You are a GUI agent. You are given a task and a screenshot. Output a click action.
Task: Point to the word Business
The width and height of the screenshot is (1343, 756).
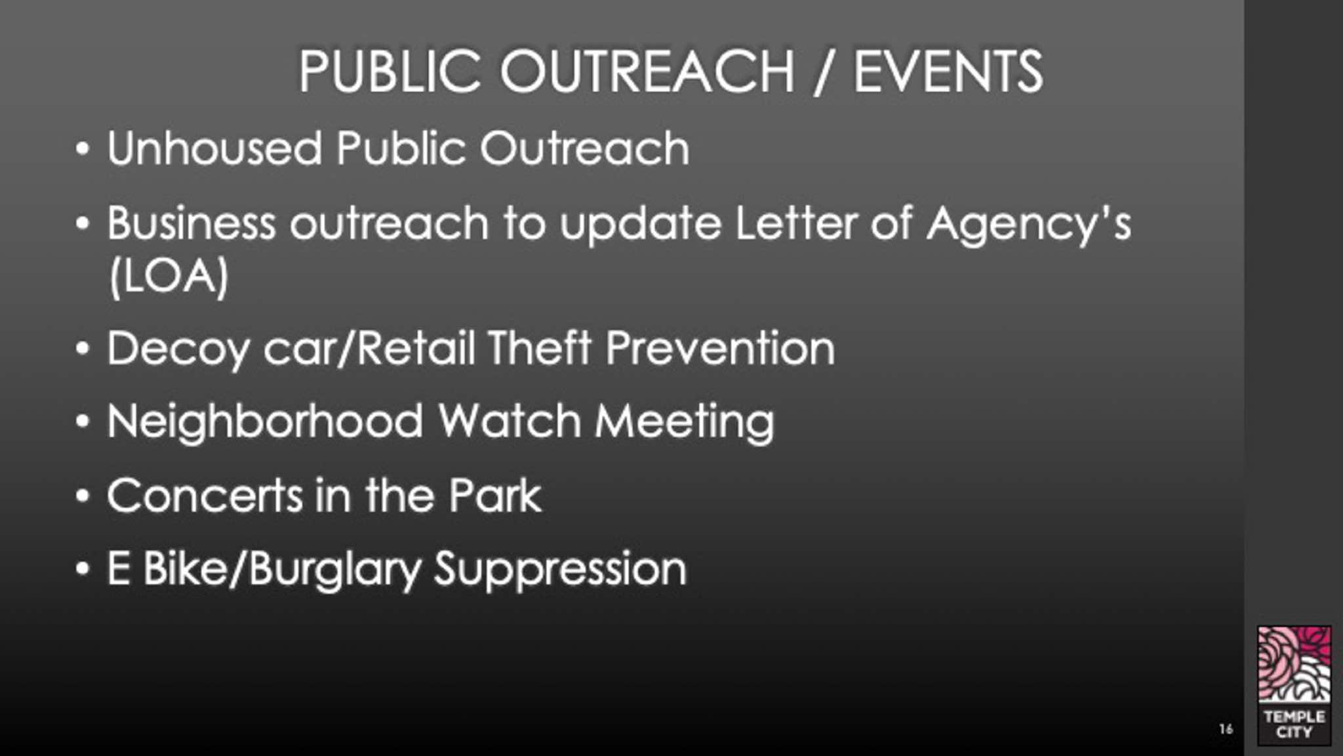click(x=191, y=223)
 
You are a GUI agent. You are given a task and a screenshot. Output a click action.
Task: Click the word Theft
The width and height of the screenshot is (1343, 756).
click(x=540, y=347)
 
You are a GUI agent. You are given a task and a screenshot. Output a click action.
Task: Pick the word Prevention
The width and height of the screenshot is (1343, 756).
click(x=720, y=348)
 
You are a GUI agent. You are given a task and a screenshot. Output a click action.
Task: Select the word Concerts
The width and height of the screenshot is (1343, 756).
click(x=205, y=495)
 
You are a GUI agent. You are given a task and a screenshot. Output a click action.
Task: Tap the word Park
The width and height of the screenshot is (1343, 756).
click(x=495, y=494)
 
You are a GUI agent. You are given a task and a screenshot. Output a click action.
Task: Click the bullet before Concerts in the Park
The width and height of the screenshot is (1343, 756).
click(x=82, y=496)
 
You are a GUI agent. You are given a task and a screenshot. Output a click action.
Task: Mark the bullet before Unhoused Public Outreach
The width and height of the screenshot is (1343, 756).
click(x=82, y=149)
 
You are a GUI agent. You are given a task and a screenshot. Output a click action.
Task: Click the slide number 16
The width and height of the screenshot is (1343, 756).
click(x=1226, y=728)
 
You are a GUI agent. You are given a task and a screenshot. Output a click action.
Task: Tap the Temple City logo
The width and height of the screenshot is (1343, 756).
click(x=1294, y=685)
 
